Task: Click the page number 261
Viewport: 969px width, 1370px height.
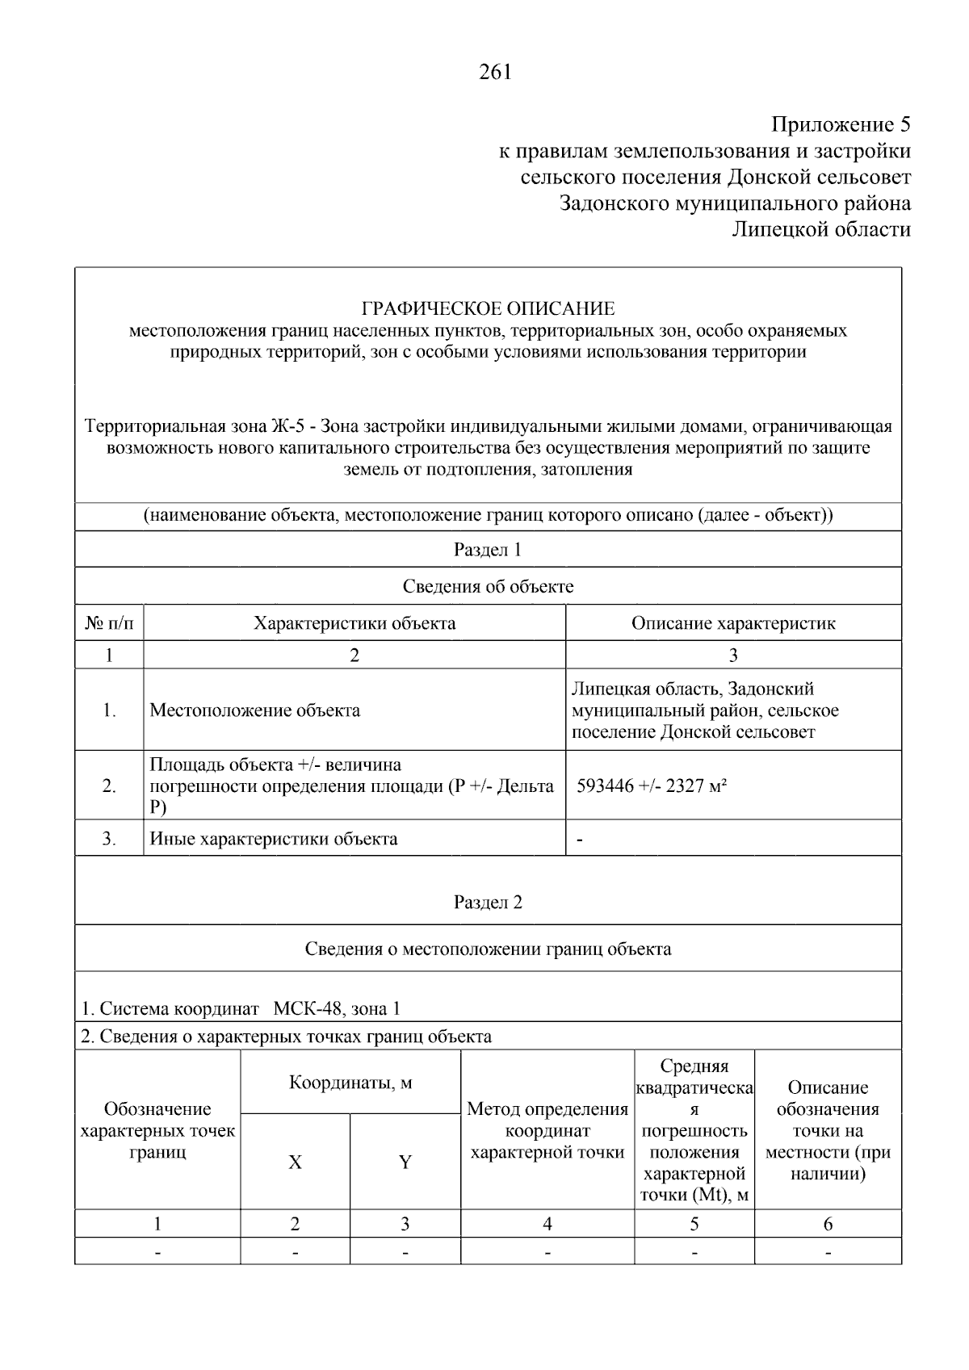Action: click(x=495, y=73)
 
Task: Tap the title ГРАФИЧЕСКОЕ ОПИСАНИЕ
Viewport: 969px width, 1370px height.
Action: click(x=488, y=308)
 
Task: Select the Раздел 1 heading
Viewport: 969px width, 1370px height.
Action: click(x=488, y=550)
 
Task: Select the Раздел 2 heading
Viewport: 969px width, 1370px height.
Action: click(x=488, y=902)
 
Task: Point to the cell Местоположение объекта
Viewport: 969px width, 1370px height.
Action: click(x=255, y=710)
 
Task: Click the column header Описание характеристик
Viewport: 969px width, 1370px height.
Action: click(x=732, y=623)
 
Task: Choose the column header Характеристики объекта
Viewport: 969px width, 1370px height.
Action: click(x=354, y=623)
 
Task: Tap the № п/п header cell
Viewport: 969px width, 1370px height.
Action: click(x=109, y=623)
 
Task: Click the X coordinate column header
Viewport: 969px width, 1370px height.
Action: click(x=295, y=1162)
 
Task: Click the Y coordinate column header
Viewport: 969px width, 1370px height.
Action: click(x=405, y=1162)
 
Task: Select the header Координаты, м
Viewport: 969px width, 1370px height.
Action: click(x=350, y=1083)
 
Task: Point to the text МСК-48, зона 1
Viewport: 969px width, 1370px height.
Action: click(x=337, y=1008)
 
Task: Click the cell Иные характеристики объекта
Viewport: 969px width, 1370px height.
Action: click(x=274, y=839)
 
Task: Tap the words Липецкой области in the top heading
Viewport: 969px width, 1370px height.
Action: click(x=820, y=230)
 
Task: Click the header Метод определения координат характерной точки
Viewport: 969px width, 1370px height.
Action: click(x=547, y=1131)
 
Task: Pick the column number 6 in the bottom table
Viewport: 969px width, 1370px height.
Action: click(x=828, y=1224)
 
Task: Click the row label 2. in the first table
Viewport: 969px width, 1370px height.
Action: click(x=109, y=786)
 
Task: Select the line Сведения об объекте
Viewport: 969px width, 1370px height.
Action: click(x=488, y=587)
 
